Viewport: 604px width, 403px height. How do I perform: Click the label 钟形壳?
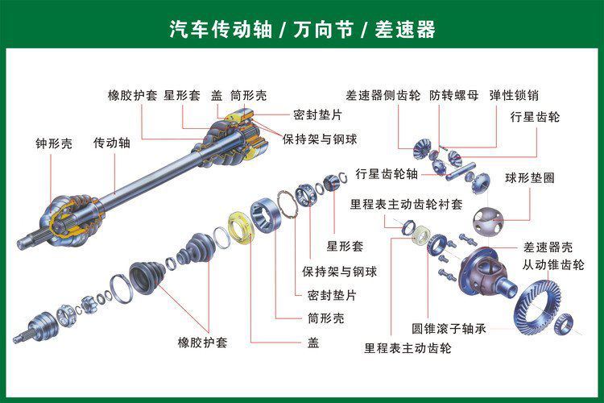coord(53,144)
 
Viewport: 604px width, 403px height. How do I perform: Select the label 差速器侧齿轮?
coord(383,94)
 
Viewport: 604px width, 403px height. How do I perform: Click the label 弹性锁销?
coord(513,94)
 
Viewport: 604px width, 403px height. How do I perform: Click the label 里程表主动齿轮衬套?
coord(406,204)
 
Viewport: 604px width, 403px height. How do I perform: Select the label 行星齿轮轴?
coord(387,173)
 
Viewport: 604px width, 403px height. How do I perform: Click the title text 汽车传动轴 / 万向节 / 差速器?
coord(302,30)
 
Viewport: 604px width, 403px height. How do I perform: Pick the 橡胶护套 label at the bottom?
coord(202,343)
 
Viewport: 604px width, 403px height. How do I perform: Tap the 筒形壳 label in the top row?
coord(249,94)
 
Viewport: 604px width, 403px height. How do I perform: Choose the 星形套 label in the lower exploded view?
coord(345,246)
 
